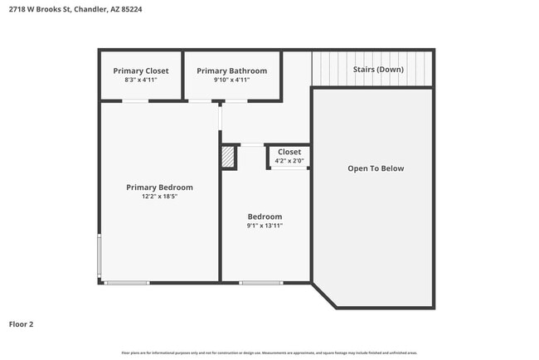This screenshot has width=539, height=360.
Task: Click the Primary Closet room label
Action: point(141,71)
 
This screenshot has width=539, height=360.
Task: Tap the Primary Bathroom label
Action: point(232,71)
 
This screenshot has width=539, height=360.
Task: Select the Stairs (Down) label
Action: point(378,69)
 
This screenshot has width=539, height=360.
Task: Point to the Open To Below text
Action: point(376,168)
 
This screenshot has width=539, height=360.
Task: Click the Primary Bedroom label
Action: point(159,187)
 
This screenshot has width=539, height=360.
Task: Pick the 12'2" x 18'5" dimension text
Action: point(158,197)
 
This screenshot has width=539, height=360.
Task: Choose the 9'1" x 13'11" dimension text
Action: point(265,226)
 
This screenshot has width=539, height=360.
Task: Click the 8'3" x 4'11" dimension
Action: point(141,80)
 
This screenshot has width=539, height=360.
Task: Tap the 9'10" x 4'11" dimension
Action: point(232,80)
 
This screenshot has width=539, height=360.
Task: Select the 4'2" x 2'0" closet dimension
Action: point(289,161)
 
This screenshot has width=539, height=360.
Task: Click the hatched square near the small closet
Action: point(229,157)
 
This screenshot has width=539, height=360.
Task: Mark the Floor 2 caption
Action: point(22,324)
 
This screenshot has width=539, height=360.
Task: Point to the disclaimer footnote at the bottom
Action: point(269,353)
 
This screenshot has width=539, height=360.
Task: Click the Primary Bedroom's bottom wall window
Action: point(127,283)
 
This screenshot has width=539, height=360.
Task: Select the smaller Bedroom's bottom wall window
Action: point(261,283)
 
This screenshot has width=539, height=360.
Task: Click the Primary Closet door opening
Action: point(135,101)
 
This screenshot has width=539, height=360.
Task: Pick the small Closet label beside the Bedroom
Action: point(289,152)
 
